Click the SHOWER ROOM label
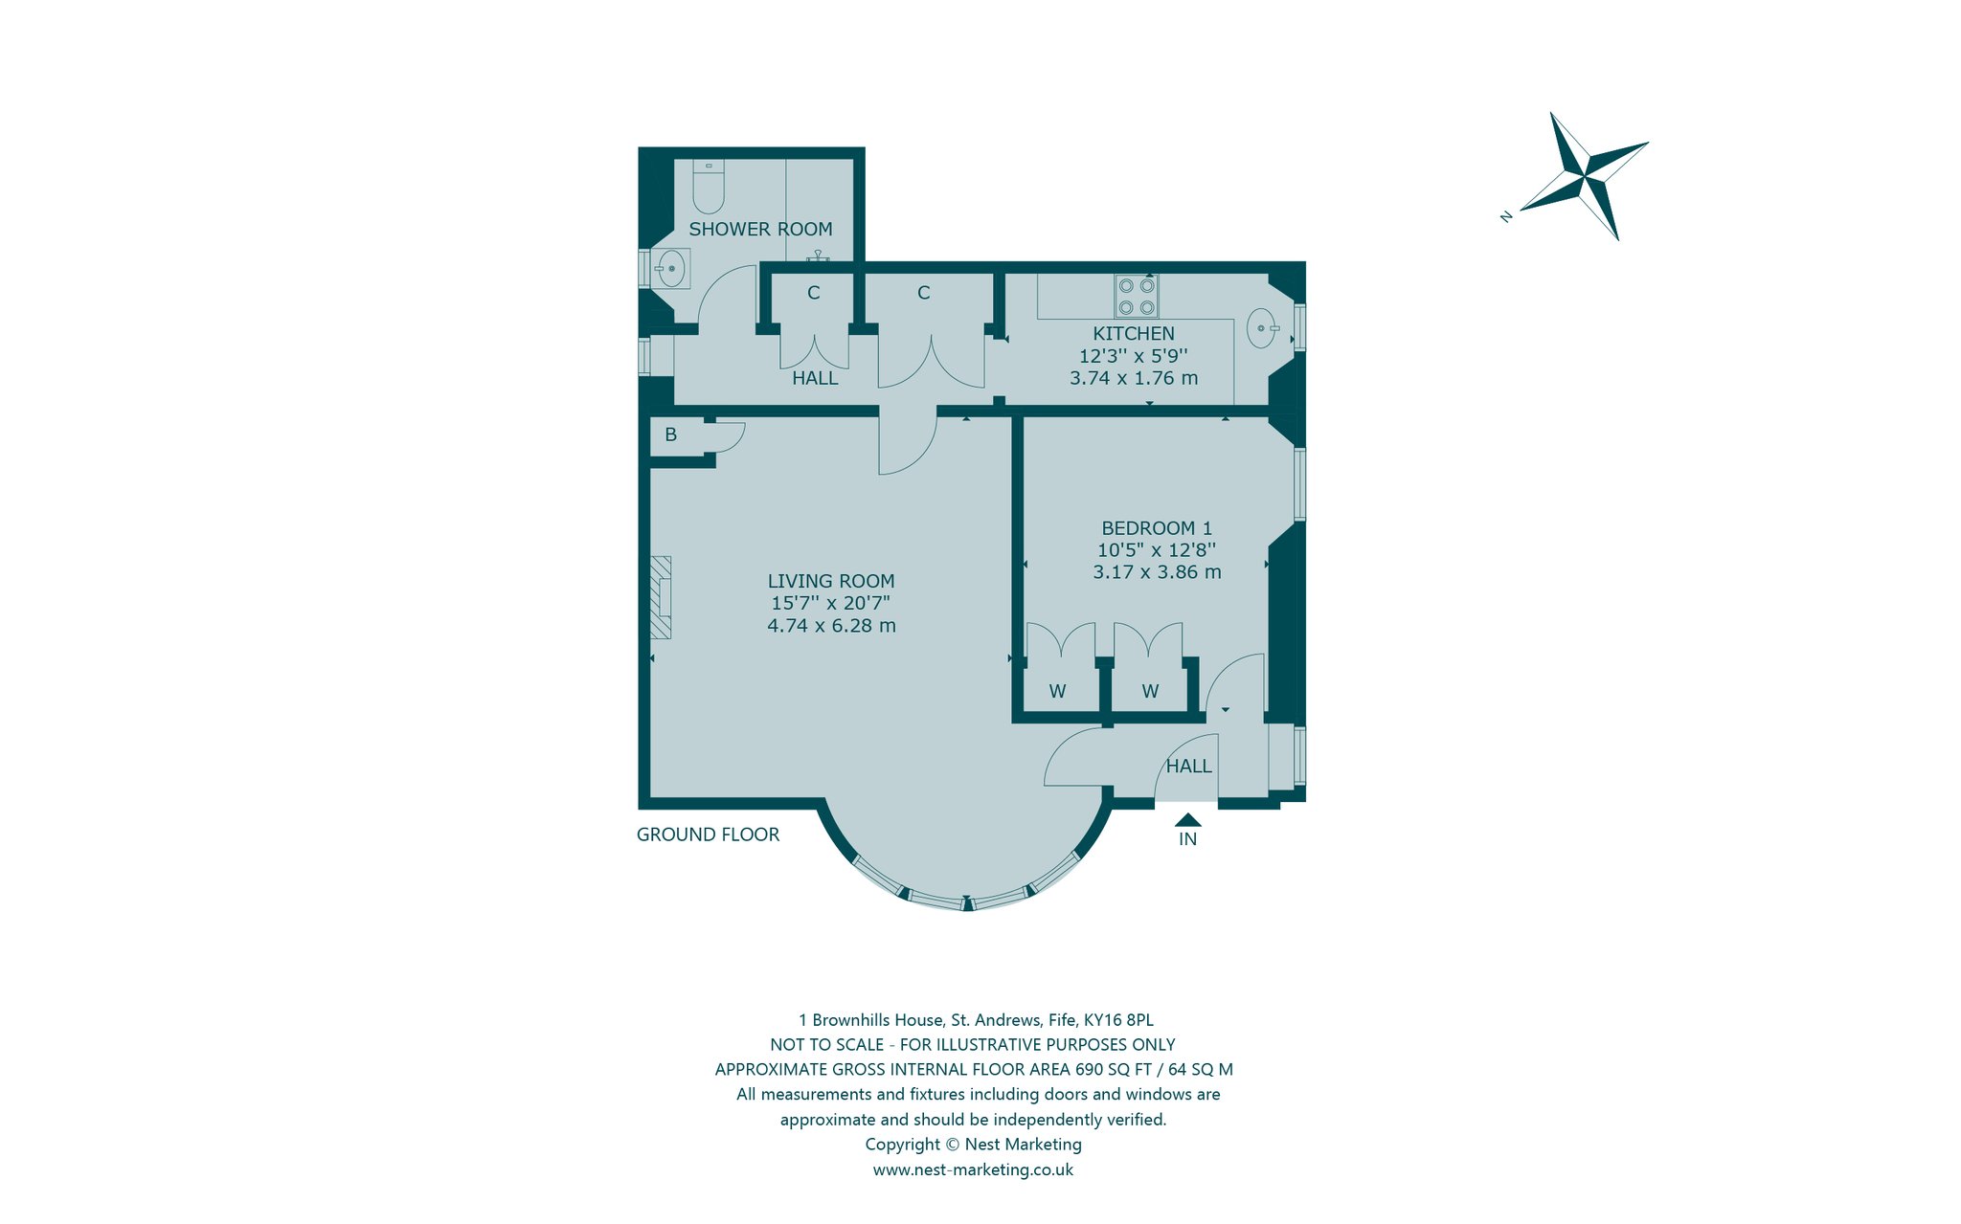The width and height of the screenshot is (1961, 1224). [760, 230]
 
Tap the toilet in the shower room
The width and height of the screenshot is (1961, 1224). [709, 186]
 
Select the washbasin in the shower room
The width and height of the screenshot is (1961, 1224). [671, 269]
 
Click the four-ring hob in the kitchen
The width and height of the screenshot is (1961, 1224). [1137, 296]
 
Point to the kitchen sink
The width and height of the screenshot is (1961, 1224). [1263, 328]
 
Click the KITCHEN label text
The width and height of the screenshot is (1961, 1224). [1134, 334]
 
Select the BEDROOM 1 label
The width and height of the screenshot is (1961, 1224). [1157, 528]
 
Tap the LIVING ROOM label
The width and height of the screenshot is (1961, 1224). [831, 581]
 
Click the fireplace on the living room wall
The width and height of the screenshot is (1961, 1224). [661, 597]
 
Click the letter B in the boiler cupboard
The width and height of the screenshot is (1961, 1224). [671, 434]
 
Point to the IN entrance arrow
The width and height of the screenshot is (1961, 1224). [1187, 819]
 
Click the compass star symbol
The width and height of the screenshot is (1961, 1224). [1585, 176]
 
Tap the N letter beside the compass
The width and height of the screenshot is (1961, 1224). [1506, 217]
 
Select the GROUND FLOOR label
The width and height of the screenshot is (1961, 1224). [708, 835]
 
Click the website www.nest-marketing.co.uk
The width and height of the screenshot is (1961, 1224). [973, 1169]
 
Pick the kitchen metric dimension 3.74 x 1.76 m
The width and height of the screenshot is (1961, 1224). [1134, 378]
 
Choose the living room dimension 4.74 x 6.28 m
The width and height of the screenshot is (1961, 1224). [831, 626]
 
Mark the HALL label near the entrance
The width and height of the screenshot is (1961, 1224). [1188, 767]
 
